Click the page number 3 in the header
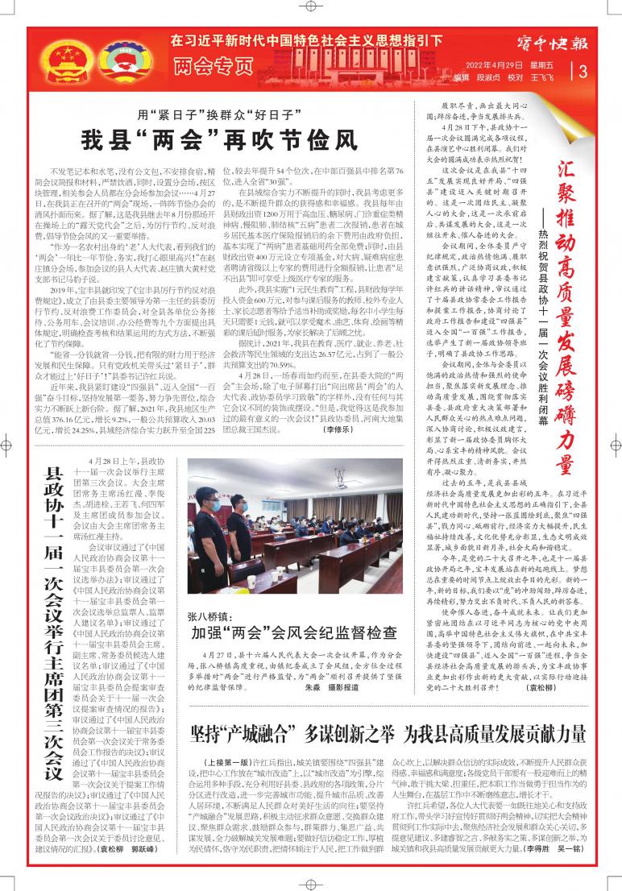pyautogui.click(x=583, y=70)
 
